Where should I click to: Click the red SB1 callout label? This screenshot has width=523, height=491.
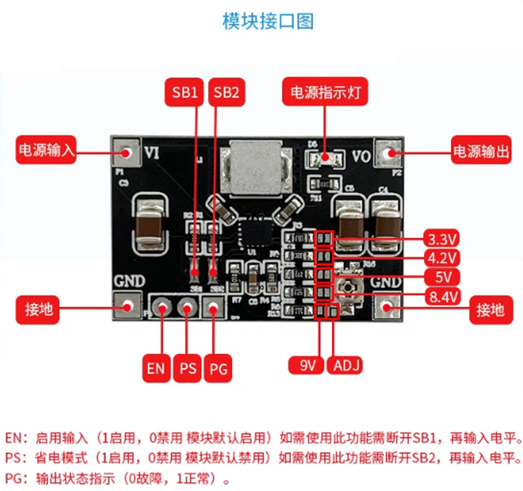click(x=184, y=92)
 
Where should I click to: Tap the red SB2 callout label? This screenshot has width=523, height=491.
click(x=226, y=92)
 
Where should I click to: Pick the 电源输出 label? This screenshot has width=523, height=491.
click(x=481, y=151)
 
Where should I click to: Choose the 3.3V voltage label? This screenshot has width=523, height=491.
click(x=442, y=238)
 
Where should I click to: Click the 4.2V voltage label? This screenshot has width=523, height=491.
click(x=442, y=258)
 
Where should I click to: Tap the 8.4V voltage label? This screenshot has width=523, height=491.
click(x=442, y=296)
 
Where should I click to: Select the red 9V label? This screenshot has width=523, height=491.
click(x=307, y=365)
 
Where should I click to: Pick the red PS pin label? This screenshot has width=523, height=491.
click(x=188, y=368)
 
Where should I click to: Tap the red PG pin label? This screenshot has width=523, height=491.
click(x=219, y=368)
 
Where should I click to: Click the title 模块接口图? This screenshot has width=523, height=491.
click(x=268, y=21)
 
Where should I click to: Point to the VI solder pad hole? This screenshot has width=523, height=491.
click(x=125, y=153)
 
